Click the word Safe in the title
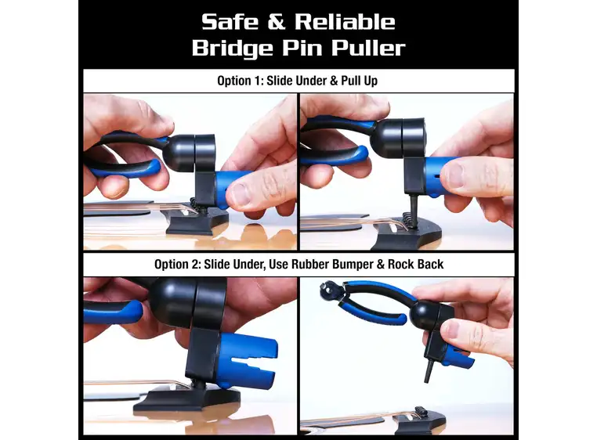coord(230,22)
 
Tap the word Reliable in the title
coord(345,22)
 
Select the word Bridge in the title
coord(233,49)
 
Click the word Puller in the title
coord(368,48)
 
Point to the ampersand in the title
coord(277,22)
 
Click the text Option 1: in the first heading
coord(240,81)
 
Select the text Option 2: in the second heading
coord(177,264)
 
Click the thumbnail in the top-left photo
coord(241,193)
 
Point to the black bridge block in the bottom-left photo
coord(187,398)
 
